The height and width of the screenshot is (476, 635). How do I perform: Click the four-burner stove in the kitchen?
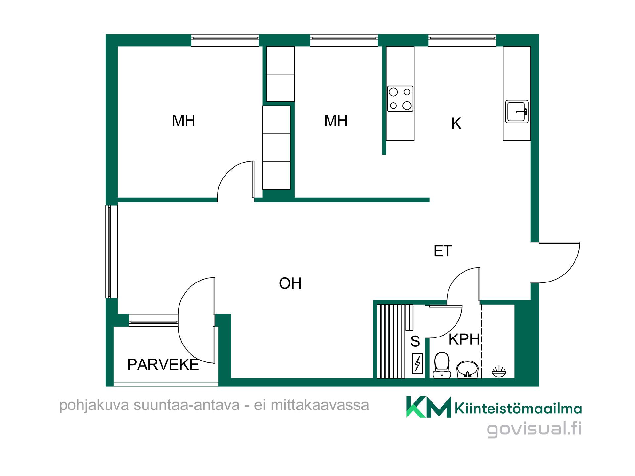point(400,99)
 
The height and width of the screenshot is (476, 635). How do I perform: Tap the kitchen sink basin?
point(517,111)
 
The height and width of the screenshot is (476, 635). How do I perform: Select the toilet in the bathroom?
point(442,365)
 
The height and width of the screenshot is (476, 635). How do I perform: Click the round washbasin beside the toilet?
point(467,369)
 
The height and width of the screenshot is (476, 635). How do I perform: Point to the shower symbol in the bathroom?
point(499,372)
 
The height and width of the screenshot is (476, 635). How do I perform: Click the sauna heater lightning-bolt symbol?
point(417,364)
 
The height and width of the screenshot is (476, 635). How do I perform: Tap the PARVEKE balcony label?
point(163,365)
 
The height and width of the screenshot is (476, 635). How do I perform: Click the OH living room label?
point(290,283)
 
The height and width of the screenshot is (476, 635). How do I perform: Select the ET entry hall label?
point(443,251)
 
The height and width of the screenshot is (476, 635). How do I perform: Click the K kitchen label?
point(456,124)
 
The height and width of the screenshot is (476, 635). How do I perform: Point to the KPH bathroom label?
point(464,339)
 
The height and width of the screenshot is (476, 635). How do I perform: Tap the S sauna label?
point(415,341)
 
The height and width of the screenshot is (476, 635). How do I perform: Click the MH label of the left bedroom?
point(184,121)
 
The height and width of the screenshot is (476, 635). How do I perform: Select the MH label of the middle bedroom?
point(336,121)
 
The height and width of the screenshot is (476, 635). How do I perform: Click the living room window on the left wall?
point(111,252)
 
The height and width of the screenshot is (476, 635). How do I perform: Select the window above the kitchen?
point(462,40)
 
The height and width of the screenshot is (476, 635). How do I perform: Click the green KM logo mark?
point(429,407)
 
